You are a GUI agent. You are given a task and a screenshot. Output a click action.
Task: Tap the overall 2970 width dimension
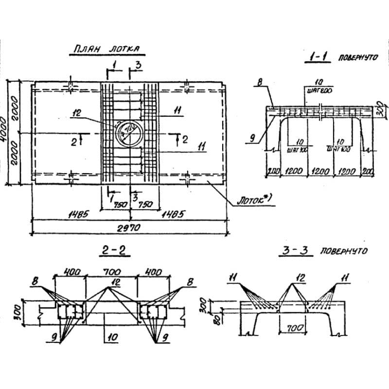(129, 227)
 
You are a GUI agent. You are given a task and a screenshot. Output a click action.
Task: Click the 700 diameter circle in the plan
(129, 131)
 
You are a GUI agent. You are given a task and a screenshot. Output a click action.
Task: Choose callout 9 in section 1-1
(253, 138)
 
